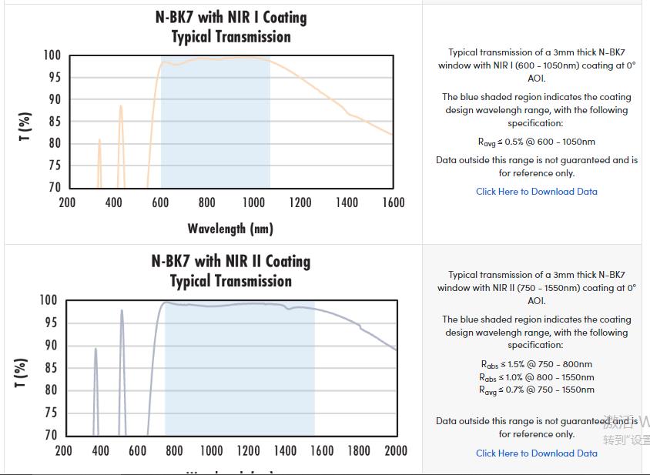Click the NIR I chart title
click(230, 27)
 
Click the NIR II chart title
click(230, 270)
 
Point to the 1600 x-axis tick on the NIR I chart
click(393, 202)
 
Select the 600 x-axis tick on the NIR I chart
click(160, 202)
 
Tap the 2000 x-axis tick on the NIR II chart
click(396, 450)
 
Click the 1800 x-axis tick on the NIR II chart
click(359, 450)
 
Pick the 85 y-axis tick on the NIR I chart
click(52, 121)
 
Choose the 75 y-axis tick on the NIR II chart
click(49, 413)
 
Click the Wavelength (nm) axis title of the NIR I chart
click(230, 229)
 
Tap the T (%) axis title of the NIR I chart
click(25, 127)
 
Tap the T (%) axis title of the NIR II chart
click(22, 373)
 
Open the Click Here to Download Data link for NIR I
click(536, 192)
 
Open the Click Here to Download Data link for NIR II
click(536, 453)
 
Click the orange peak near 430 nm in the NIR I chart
click(121, 108)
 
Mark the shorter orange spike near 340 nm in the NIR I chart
click(99, 142)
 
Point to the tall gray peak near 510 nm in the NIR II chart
click(122, 312)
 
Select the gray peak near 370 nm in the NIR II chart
click(95, 350)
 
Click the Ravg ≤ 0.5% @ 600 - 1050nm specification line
click(536, 142)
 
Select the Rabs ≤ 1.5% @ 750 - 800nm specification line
click(536, 364)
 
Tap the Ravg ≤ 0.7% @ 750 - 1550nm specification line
click(536, 390)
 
